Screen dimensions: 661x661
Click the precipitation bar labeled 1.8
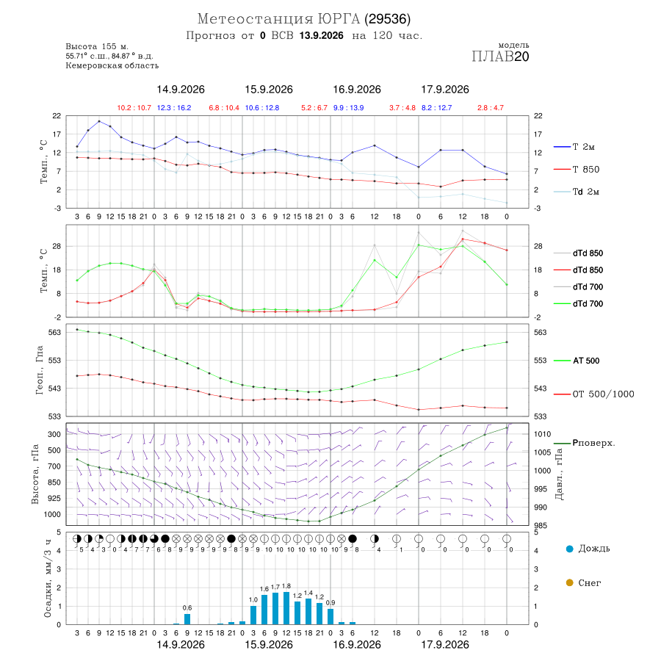tap(286, 608)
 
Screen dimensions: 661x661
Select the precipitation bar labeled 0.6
tap(187, 619)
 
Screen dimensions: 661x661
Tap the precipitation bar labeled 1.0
tap(253, 615)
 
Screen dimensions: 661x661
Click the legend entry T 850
tap(577, 170)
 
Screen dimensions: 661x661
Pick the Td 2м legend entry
tap(577, 192)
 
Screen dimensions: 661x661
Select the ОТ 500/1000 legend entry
tap(594, 394)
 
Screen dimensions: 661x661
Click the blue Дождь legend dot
tap(569, 549)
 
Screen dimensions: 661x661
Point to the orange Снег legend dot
tap(569, 582)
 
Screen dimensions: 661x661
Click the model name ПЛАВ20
tap(500, 57)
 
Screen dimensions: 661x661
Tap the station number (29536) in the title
tap(387, 19)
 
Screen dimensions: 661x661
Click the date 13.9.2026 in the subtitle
tap(321, 35)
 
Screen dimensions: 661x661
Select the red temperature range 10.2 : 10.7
tap(134, 108)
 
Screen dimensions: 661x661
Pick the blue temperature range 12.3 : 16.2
tap(174, 108)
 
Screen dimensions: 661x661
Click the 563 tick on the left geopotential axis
tap(55, 332)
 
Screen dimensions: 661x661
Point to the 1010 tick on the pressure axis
tap(543, 434)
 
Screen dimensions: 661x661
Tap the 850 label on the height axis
tap(54, 483)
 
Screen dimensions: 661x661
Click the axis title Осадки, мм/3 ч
tap(48, 579)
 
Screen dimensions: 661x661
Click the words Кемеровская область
tap(112, 65)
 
